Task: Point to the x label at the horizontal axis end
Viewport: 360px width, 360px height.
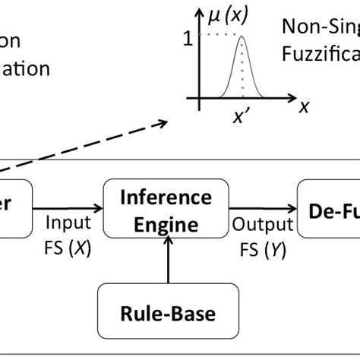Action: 304,106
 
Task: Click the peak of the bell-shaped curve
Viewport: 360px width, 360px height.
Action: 242,36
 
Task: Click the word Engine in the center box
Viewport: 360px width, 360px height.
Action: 169,224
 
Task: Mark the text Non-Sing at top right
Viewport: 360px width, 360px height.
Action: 319,27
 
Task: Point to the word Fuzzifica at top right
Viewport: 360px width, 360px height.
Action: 321,55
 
